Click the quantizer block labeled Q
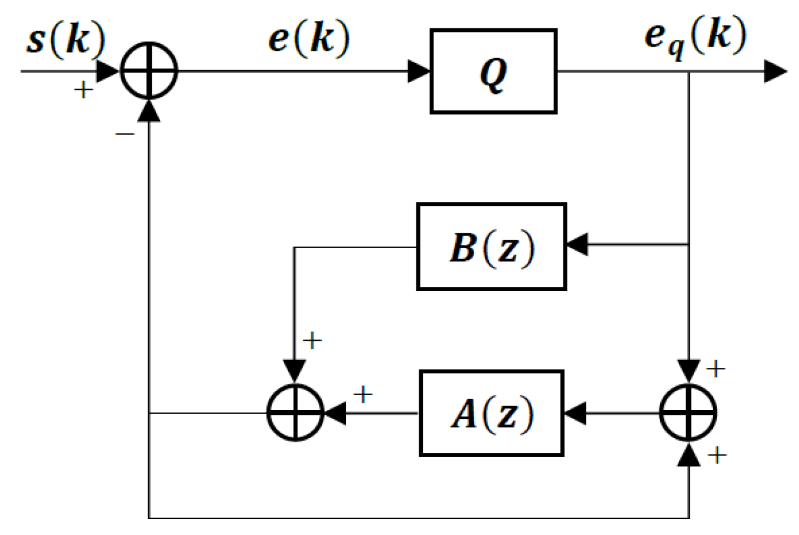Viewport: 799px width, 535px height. coord(493,71)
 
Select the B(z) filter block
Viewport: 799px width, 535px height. coord(491,246)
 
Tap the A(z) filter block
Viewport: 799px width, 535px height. coord(491,413)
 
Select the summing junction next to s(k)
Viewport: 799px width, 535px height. coord(149,71)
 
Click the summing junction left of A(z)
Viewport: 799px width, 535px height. coord(295,413)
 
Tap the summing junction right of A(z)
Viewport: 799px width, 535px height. coord(688,413)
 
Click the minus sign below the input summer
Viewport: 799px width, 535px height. coord(125,135)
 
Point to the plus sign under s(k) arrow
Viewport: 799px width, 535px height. coord(83,90)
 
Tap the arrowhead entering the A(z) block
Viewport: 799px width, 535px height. coord(575,413)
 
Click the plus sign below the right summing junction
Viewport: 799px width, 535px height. coord(716,455)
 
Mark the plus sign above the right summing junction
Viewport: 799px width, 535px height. coord(715,369)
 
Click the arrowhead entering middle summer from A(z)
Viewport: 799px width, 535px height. coord(335,413)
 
